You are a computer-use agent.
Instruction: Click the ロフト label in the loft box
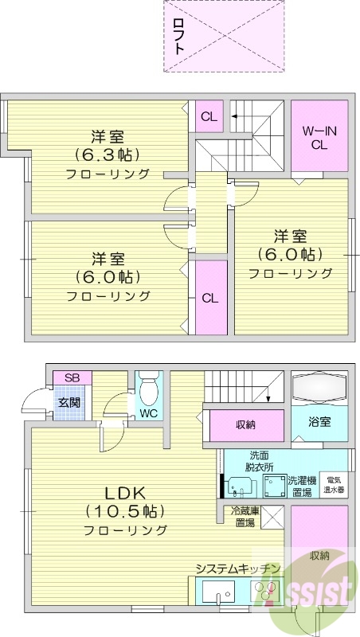coord(179,35)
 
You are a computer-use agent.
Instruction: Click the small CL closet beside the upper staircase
coord(209,117)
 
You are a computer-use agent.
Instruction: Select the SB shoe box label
coord(72,377)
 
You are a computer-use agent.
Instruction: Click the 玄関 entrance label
coord(68,402)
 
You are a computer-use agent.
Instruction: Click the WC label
coord(148,414)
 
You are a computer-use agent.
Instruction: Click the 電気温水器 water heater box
coord(335,485)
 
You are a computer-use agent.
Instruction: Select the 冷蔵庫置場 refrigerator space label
coord(243,517)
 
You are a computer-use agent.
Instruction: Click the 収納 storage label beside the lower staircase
coord(245,424)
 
